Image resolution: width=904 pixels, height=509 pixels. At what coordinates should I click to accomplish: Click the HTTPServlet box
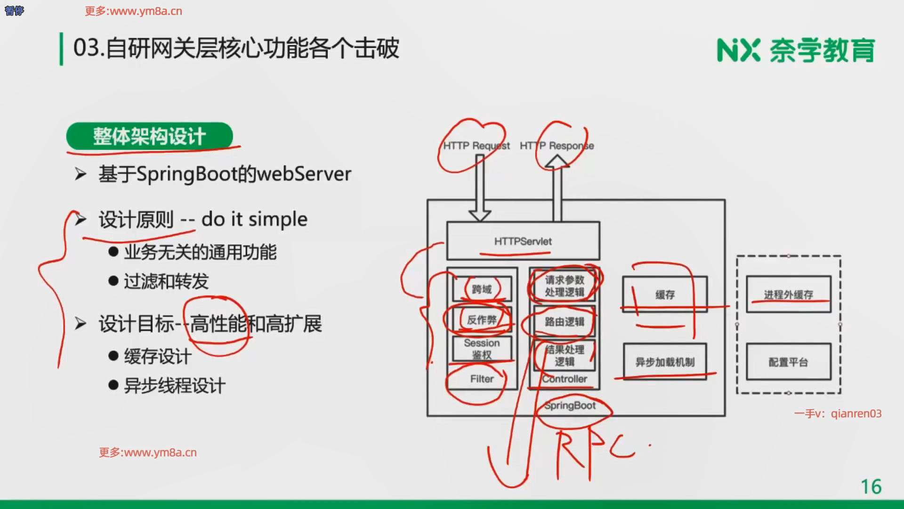(523, 241)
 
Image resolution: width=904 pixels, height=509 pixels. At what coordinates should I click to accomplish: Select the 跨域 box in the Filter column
(482, 289)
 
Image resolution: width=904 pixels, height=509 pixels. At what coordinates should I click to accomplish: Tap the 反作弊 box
(482, 320)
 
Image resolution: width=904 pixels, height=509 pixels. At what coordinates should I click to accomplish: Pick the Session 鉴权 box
(482, 349)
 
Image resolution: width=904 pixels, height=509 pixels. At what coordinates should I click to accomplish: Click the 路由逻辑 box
(564, 322)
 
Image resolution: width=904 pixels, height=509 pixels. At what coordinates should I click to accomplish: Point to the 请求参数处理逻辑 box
(564, 286)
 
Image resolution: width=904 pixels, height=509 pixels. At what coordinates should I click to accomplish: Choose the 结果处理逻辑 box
(564, 355)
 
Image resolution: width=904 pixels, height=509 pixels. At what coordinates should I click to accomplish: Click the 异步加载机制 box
(665, 362)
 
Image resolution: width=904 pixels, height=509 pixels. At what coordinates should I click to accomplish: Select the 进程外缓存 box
(788, 295)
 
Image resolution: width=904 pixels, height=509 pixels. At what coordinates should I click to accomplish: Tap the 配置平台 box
(788, 362)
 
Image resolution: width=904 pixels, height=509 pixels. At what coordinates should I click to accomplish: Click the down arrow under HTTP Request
(480, 189)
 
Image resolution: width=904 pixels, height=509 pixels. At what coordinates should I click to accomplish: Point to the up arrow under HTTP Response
(557, 189)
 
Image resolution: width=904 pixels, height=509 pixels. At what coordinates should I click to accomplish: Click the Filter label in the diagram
(482, 379)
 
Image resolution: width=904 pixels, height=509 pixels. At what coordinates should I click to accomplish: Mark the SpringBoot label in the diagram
(570, 406)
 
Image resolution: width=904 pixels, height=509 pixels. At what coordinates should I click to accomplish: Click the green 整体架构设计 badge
(149, 136)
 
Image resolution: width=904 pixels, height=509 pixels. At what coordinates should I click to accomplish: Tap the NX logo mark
(738, 50)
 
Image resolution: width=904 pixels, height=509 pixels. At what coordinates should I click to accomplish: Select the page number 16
(871, 487)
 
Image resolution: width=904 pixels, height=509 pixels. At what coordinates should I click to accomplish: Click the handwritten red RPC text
(593, 452)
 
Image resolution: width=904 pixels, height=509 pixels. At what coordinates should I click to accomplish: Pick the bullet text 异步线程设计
(175, 386)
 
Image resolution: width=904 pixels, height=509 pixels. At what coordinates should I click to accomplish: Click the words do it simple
(254, 220)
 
